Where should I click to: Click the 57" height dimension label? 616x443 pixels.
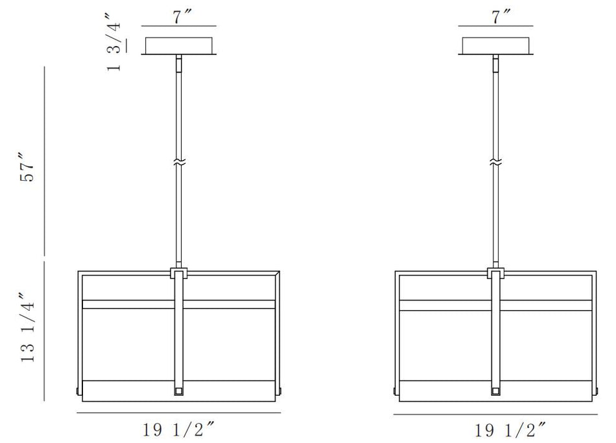[x=27, y=166]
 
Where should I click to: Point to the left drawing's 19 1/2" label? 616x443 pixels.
[x=179, y=429]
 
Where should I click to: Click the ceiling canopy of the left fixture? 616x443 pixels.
[x=179, y=46]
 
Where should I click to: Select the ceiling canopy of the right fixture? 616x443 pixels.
[x=496, y=46]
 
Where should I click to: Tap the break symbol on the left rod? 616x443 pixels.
[x=179, y=162]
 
